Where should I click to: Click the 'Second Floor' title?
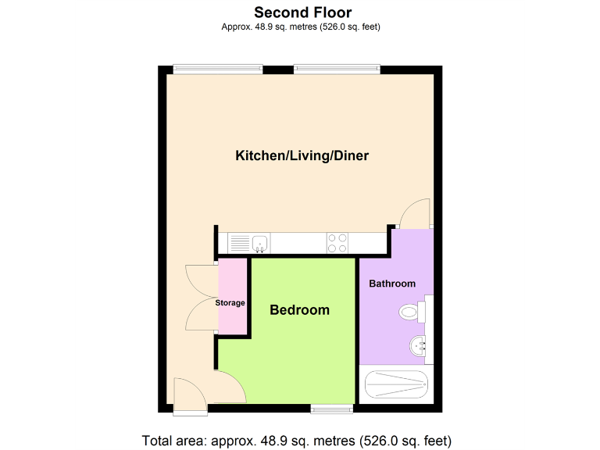click(302, 12)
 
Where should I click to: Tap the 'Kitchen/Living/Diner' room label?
click(302, 155)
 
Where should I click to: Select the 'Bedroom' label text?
click(299, 310)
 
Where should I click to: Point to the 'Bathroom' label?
click(392, 283)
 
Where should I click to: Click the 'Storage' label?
click(230, 302)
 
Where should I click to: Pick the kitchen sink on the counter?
click(259, 244)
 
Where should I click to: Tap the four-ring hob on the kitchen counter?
click(338, 244)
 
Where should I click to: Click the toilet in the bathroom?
click(410, 312)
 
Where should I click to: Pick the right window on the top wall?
click(337, 70)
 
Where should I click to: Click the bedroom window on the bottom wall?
click(331, 408)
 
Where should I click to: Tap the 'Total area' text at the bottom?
click(297, 440)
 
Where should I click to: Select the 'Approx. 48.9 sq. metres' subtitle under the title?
click(302, 27)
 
